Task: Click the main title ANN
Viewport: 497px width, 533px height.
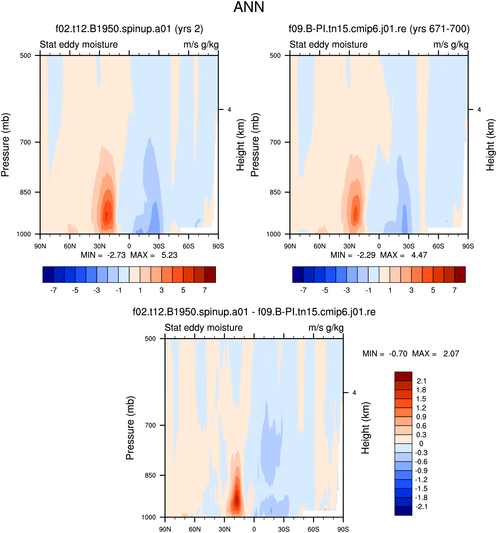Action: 249,7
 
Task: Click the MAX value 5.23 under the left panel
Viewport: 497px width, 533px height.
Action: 169,255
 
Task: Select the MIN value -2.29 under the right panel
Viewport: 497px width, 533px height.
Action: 366,255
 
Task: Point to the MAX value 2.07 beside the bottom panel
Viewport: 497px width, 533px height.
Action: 451,354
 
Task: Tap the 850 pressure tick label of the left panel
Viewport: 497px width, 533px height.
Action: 26,192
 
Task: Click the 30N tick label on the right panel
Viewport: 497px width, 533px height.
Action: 349,246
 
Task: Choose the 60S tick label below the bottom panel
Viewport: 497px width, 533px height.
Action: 313,529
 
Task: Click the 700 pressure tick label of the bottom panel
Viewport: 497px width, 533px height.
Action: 150,425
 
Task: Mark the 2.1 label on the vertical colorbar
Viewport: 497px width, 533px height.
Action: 421,381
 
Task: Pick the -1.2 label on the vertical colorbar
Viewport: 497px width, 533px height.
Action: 421,479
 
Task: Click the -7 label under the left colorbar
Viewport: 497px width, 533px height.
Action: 53,290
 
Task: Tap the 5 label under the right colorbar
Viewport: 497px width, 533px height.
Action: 433,290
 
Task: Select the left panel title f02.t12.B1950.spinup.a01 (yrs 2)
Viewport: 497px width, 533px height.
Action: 129,29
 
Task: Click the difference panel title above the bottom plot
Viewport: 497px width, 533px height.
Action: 254,312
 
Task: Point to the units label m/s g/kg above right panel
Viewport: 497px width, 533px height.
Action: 451,45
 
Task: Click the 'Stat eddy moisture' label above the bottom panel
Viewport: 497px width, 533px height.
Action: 204,328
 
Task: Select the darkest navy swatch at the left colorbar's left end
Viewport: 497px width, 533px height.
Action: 48,275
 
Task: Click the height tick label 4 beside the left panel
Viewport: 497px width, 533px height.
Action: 229,110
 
